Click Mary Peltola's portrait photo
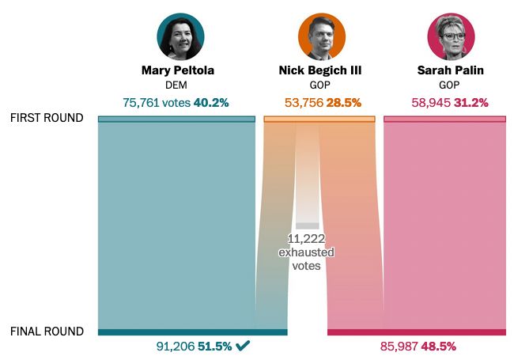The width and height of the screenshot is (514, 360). click(181, 36)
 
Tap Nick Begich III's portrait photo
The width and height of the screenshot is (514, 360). click(321, 36)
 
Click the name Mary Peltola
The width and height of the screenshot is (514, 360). click(178, 70)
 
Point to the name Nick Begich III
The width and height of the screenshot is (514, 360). click(320, 70)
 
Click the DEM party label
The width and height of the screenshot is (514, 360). click(177, 85)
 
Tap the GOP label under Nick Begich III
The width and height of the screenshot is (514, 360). click(320, 85)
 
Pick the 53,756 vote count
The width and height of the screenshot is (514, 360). click(304, 103)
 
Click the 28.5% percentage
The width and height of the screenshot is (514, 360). click(344, 103)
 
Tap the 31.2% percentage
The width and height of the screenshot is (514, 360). click(471, 103)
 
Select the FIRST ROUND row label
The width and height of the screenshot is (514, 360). click(47, 118)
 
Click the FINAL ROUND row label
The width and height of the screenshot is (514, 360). click(47, 332)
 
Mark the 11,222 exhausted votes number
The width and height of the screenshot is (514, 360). click(307, 239)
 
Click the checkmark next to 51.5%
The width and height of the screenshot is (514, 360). click(243, 346)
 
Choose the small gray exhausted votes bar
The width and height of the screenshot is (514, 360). click(307, 225)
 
